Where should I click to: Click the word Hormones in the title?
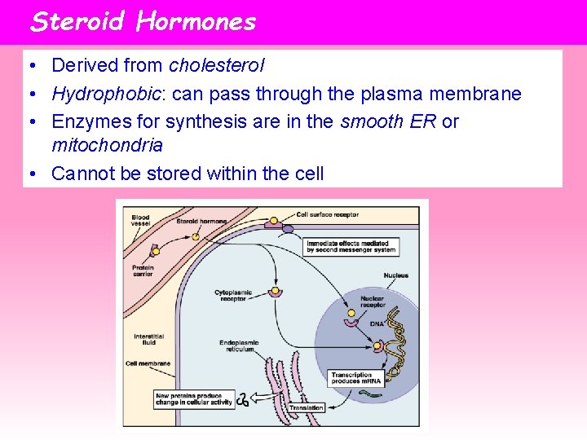(196, 21)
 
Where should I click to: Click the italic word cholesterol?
(216, 66)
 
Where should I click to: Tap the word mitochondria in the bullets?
(107, 146)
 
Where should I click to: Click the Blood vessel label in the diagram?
(140, 220)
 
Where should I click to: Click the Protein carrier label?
(143, 270)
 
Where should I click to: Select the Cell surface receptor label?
(327, 215)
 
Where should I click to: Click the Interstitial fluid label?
(148, 339)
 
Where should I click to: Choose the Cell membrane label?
(148, 363)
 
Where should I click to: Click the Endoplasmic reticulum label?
(239, 346)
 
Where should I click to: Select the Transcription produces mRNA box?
(351, 378)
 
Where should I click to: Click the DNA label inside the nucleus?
(376, 324)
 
